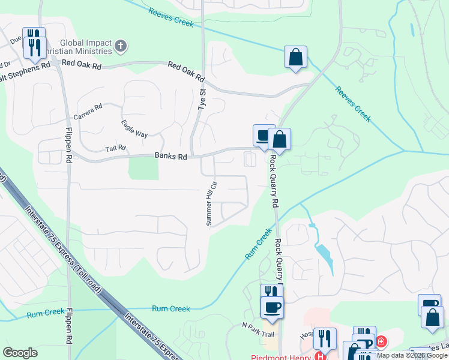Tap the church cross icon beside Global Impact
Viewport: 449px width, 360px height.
(x=121, y=46)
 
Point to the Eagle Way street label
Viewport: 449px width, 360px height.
(x=134, y=129)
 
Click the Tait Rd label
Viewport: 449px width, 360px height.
(x=116, y=148)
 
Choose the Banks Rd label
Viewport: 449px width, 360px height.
(x=171, y=156)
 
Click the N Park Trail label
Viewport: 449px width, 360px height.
(x=258, y=326)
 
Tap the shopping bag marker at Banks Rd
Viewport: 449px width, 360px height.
(x=280, y=139)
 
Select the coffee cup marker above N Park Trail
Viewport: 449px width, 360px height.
(x=271, y=307)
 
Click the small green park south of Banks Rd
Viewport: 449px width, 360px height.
(x=144, y=167)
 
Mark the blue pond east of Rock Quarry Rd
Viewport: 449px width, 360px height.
(x=324, y=253)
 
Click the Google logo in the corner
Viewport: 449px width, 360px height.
(x=20, y=353)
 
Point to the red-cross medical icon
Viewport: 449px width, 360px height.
(x=381, y=342)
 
